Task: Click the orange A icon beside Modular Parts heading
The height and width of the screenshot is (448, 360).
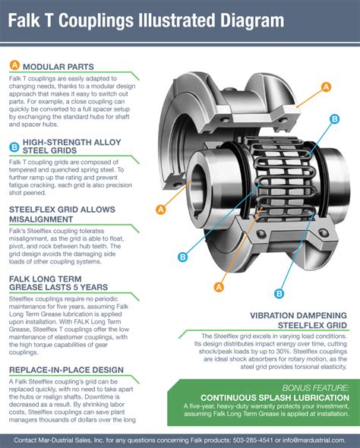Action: click(14, 65)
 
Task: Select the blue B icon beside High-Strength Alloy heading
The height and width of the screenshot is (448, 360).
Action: click(14, 147)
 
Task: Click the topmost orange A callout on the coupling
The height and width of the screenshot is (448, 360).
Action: click(326, 87)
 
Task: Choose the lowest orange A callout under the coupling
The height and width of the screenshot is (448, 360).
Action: click(219, 286)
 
